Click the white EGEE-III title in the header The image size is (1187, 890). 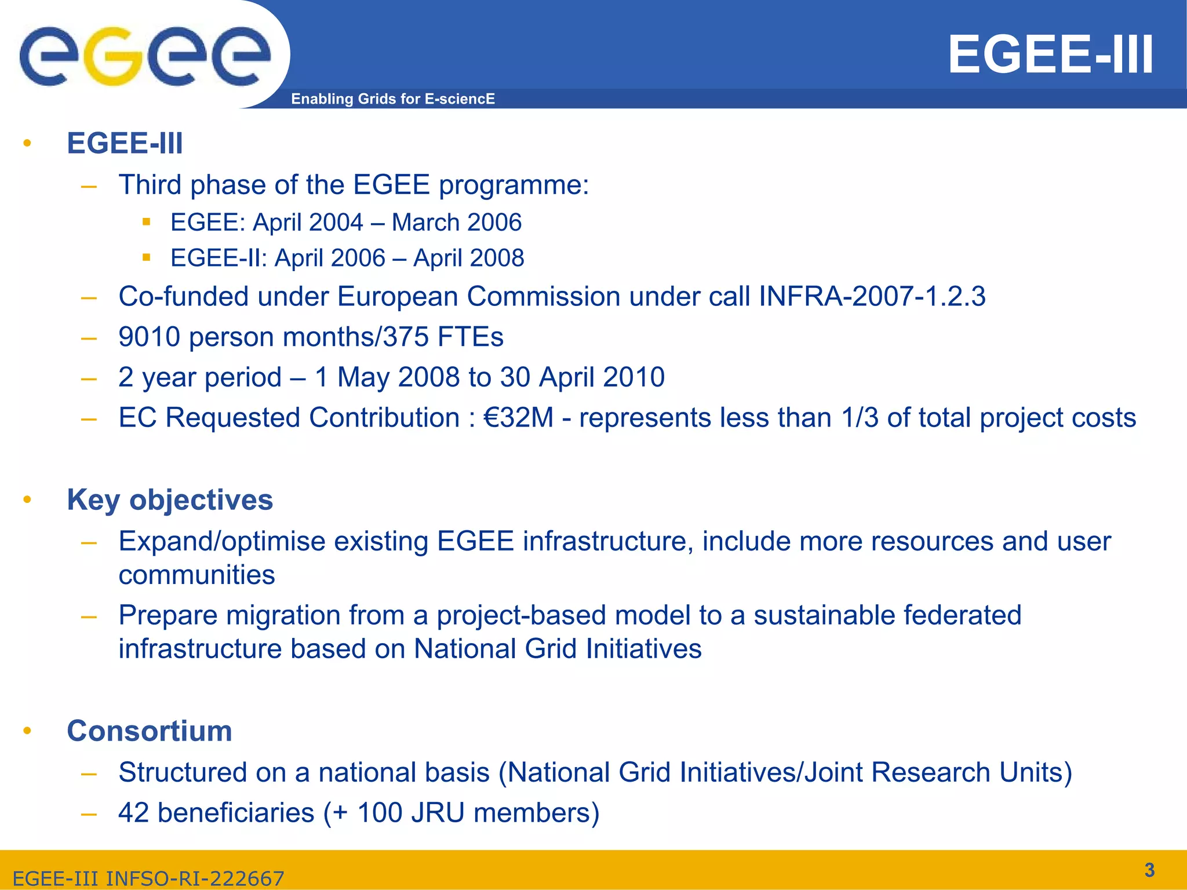[1050, 55]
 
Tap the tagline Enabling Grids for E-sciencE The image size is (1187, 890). [392, 99]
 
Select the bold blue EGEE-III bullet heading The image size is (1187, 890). [125, 143]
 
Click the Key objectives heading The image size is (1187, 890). [170, 499]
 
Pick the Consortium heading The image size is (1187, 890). [150, 731]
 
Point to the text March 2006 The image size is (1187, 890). [457, 222]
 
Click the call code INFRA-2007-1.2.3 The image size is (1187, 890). [872, 297]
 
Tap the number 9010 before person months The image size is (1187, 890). [150, 337]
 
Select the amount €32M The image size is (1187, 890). [518, 418]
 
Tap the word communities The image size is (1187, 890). [196, 575]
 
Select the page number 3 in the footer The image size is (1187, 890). [1149, 870]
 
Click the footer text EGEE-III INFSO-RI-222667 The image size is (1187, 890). [148, 878]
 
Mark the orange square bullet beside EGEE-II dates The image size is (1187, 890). [147, 257]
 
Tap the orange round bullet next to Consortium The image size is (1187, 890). [27, 731]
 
